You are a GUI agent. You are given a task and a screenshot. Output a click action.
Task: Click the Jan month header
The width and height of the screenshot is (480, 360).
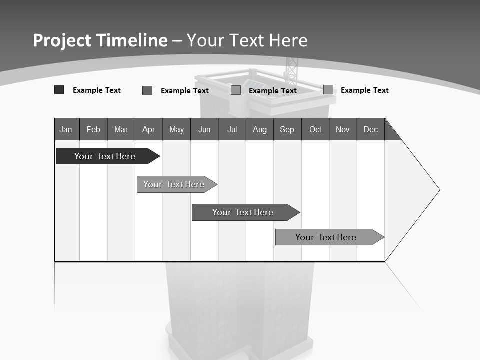click(66, 129)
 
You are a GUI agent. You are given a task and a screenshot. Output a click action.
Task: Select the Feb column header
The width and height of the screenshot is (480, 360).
click(93, 129)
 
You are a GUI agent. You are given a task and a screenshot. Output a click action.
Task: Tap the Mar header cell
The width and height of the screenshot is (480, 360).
click(121, 129)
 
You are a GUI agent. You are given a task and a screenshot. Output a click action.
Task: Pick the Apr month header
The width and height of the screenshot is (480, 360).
click(148, 129)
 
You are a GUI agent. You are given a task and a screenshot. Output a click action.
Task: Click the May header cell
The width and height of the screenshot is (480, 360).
click(176, 129)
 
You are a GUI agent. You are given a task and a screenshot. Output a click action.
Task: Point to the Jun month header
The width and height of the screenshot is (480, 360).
click(204, 129)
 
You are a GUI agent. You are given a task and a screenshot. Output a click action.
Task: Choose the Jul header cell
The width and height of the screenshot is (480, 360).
click(232, 129)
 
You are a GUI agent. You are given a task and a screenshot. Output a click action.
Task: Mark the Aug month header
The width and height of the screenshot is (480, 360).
click(260, 129)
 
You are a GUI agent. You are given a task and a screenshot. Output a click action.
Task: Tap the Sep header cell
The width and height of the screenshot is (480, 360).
click(287, 129)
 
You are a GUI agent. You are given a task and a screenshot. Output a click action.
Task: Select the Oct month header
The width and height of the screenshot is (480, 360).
click(315, 129)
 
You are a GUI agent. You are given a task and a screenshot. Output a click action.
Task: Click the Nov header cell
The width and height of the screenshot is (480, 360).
click(343, 129)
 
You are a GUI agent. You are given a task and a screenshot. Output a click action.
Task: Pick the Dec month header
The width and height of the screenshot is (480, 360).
click(371, 129)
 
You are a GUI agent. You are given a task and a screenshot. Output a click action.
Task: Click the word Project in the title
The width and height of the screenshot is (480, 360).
click(63, 40)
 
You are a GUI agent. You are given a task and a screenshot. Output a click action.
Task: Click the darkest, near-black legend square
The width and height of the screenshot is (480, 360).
click(59, 90)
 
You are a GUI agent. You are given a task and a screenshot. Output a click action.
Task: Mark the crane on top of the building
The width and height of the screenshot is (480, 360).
click(291, 70)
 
